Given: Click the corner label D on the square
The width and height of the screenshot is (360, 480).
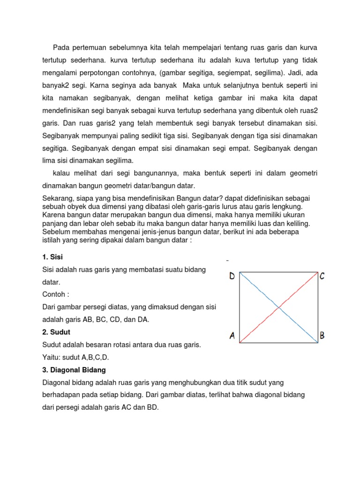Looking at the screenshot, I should (x=232, y=277).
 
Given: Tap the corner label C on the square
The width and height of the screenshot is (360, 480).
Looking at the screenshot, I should (x=322, y=277).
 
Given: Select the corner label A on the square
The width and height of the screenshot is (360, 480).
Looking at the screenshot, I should (x=232, y=336).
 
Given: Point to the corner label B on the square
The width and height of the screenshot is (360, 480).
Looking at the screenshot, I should (x=322, y=336).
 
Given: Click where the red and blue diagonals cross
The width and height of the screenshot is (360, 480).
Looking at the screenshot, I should (x=279, y=307).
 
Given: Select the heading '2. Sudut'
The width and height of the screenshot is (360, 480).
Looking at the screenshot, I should (x=53, y=332).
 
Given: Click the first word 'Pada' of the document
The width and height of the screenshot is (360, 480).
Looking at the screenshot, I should (x=60, y=47).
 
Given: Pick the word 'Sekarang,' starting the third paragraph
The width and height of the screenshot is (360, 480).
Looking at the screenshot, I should (x=59, y=198).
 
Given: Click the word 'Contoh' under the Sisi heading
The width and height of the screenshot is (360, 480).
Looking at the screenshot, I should (x=53, y=295).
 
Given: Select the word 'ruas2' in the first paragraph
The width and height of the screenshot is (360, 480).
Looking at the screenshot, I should (x=307, y=112).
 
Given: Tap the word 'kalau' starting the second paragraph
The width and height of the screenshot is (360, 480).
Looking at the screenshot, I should (x=62, y=173).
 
